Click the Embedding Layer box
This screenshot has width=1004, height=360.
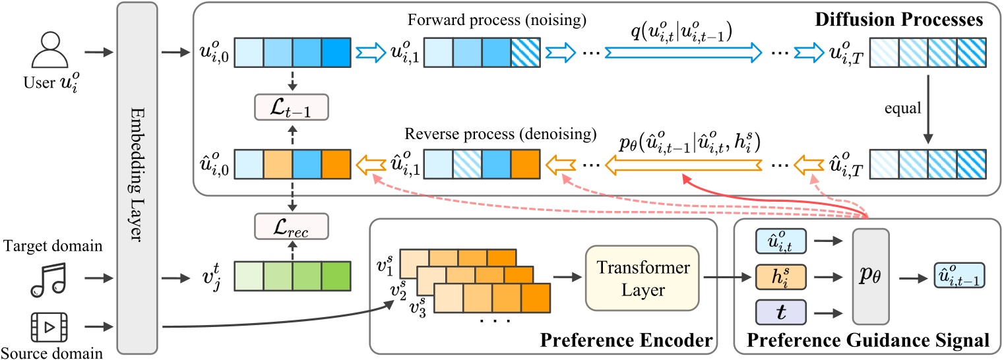(x=136, y=178)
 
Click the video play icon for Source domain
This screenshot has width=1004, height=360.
(x=49, y=326)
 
